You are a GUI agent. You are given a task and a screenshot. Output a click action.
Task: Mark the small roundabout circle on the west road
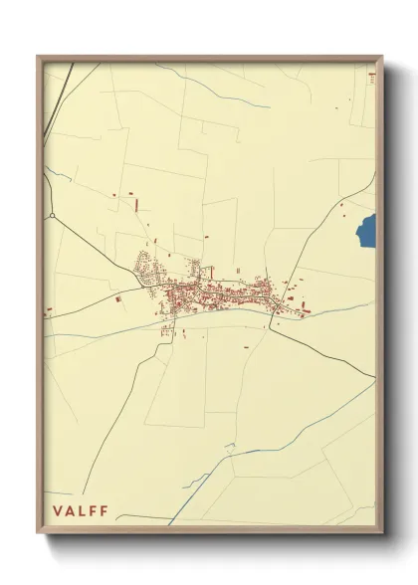pyautogui.click(x=51, y=214)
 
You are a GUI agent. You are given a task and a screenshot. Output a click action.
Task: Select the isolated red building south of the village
pyautogui.click(x=247, y=346)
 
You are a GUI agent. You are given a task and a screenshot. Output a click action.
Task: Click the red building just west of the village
pyautogui.click(x=117, y=297)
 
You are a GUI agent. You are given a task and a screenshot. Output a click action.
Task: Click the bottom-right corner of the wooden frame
pyautogui.click(x=382, y=534)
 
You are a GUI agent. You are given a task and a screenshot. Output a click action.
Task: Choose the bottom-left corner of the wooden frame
pyautogui.click(x=39, y=534)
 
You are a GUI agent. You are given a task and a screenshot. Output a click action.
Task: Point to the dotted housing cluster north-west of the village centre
pyautogui.click(x=148, y=267)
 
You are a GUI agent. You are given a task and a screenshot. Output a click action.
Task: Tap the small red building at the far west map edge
pyautogui.click(x=47, y=311)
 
